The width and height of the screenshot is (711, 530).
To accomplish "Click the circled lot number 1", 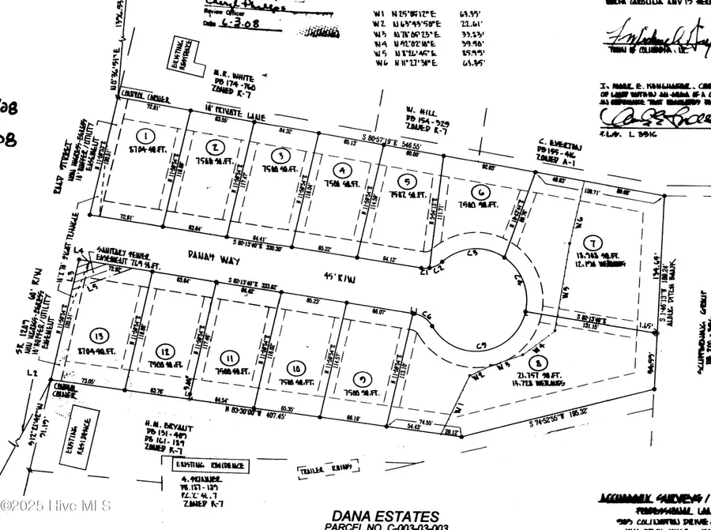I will tap(145, 133).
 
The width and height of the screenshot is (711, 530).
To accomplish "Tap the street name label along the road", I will tap(209, 256).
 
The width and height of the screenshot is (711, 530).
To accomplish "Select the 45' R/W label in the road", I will tap(356, 276).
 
